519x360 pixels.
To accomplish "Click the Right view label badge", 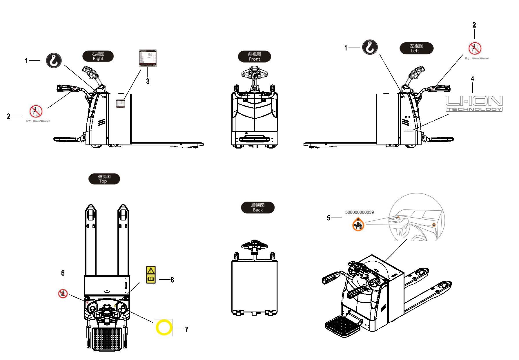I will click(98, 56).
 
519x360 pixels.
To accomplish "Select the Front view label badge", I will click(254, 57).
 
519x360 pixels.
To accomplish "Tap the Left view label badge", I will click(416, 48).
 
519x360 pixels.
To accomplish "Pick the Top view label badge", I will click(104, 179).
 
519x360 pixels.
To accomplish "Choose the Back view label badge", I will click(257, 207).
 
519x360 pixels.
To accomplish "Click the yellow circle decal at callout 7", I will click(164, 328).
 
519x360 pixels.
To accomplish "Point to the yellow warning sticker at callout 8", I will click(151, 275).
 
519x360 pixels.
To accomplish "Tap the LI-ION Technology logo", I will click(474, 104).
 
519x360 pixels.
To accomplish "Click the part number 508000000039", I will click(359, 212).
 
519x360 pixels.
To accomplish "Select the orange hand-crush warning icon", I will click(358, 224).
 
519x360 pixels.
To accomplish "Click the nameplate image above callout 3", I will click(148, 58).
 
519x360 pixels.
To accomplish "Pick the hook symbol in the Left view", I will click(370, 47).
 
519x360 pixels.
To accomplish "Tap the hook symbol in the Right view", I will click(54, 60).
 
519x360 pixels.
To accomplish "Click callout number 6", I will click(63, 273).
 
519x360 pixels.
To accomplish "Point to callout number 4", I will click(472, 79).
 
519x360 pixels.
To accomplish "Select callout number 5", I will click(329, 218).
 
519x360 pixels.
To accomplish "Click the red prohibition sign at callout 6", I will click(63, 294).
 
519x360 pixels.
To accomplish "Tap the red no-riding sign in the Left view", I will click(475, 48).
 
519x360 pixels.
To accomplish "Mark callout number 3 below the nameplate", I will click(148, 81).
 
